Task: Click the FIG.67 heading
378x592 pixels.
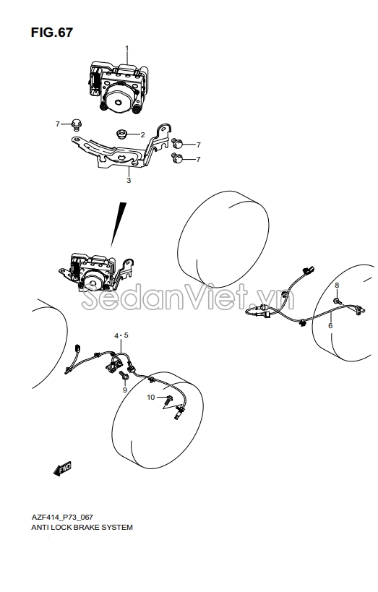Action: (x=52, y=33)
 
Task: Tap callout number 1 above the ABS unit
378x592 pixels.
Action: (x=127, y=48)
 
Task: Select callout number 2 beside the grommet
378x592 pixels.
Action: (x=142, y=134)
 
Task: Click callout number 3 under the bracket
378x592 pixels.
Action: (x=129, y=181)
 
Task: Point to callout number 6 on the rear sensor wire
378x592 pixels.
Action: (x=330, y=325)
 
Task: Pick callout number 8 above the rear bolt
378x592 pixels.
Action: (x=337, y=285)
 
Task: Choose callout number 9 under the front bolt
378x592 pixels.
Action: (x=125, y=390)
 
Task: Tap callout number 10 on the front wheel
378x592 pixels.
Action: (x=150, y=397)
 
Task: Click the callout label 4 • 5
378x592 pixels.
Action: (x=121, y=335)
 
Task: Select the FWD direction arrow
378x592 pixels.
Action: (x=62, y=468)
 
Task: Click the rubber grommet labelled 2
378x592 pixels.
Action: (x=121, y=134)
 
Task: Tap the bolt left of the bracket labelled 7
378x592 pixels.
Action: (x=77, y=124)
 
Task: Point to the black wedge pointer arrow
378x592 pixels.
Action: (x=118, y=225)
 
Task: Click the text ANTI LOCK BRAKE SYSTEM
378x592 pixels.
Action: (x=82, y=527)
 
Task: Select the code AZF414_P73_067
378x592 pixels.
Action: (x=62, y=517)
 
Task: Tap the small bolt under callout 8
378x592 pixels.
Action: (x=338, y=301)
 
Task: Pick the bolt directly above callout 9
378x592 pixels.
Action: (x=124, y=375)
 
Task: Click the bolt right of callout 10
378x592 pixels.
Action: (x=168, y=398)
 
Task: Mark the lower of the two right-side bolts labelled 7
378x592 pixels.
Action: (x=177, y=158)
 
